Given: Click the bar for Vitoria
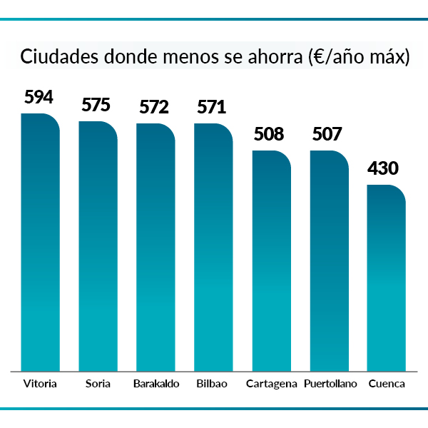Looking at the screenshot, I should pyautogui.click(x=40, y=243).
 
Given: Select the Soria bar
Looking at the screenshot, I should pyautogui.click(x=98, y=246).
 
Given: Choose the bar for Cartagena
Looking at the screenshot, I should pyautogui.click(x=271, y=260).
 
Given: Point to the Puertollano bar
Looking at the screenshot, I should pyautogui.click(x=329, y=260).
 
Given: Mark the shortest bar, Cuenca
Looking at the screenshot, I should pyautogui.click(x=387, y=278).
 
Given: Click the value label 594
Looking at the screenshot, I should pyautogui.click(x=39, y=98).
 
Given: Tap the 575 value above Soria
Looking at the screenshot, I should pyautogui.click(x=96, y=106).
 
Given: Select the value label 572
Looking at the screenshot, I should pyautogui.click(x=154, y=108).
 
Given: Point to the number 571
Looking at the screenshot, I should pyautogui.click(x=211, y=108).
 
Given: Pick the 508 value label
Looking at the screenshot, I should pyautogui.click(x=269, y=134).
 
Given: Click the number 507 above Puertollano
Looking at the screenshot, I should pyautogui.click(x=327, y=134).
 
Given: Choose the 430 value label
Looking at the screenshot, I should pyautogui.click(x=383, y=169).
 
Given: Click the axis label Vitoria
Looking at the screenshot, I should pyautogui.click(x=40, y=384).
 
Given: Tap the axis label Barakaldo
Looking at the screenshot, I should pyautogui.click(x=156, y=384).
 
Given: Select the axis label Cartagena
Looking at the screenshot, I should pyautogui.click(x=271, y=384).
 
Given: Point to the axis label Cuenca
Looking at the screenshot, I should pyautogui.click(x=387, y=384).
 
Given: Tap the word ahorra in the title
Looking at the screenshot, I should pyautogui.click(x=272, y=56).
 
